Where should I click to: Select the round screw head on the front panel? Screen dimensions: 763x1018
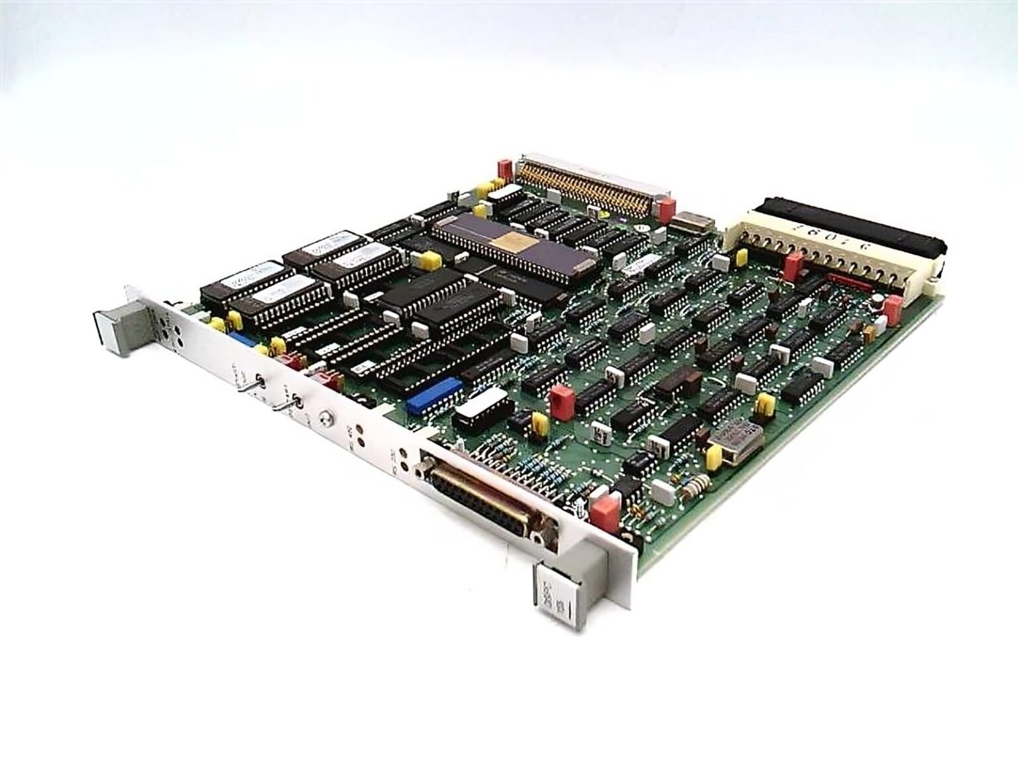[324, 418]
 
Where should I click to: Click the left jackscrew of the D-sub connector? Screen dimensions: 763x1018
[419, 472]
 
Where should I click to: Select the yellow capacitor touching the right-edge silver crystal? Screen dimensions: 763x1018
[714, 456]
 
